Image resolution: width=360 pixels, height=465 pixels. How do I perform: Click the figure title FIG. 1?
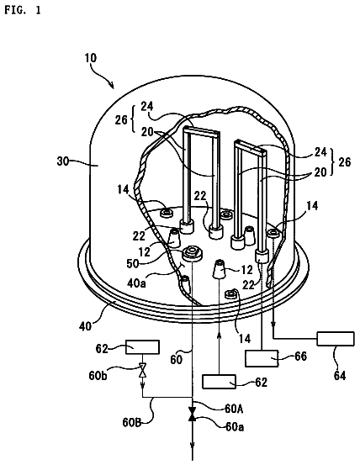(x=23, y=10)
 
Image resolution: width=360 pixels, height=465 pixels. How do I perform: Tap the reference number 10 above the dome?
(x=91, y=57)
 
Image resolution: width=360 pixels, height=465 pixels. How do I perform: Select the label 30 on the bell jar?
(x=63, y=161)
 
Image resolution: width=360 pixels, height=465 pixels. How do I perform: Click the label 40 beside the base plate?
(x=86, y=326)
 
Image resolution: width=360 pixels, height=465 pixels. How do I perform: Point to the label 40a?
(x=136, y=283)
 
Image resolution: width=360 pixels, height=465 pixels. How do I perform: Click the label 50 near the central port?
(x=133, y=264)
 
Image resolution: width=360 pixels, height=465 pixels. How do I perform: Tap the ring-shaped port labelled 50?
(x=193, y=254)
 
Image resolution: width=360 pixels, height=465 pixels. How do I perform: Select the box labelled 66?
(x=262, y=358)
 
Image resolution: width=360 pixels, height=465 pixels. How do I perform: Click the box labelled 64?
(x=336, y=339)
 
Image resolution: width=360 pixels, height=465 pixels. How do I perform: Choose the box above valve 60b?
(x=142, y=347)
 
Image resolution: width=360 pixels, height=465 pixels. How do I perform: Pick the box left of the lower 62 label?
(x=219, y=382)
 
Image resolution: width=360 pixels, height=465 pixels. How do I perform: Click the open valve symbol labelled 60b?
(x=143, y=370)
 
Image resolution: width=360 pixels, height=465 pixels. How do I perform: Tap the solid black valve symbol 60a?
(x=193, y=414)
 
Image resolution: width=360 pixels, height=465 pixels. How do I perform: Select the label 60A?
(x=234, y=409)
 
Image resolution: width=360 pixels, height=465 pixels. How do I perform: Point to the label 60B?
(x=132, y=422)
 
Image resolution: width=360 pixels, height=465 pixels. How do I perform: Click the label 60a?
(x=235, y=427)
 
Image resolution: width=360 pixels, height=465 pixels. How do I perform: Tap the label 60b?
(x=98, y=375)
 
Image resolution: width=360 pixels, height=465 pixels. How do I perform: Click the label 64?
(x=340, y=375)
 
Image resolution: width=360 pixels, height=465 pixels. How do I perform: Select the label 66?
(x=300, y=357)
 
